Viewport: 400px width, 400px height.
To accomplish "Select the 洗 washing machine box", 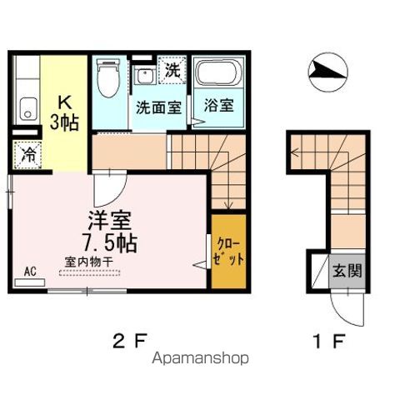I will coord(172,71).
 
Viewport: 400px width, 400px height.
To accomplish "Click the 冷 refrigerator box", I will coord(26,155).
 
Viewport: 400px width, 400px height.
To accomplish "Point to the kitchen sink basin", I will coord(27,109).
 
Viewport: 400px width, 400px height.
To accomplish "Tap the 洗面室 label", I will coord(158,107).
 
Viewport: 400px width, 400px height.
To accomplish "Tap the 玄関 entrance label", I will coord(347,271).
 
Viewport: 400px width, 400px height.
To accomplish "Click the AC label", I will coord(30,270).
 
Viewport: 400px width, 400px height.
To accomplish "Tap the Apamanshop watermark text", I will coord(199,359).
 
